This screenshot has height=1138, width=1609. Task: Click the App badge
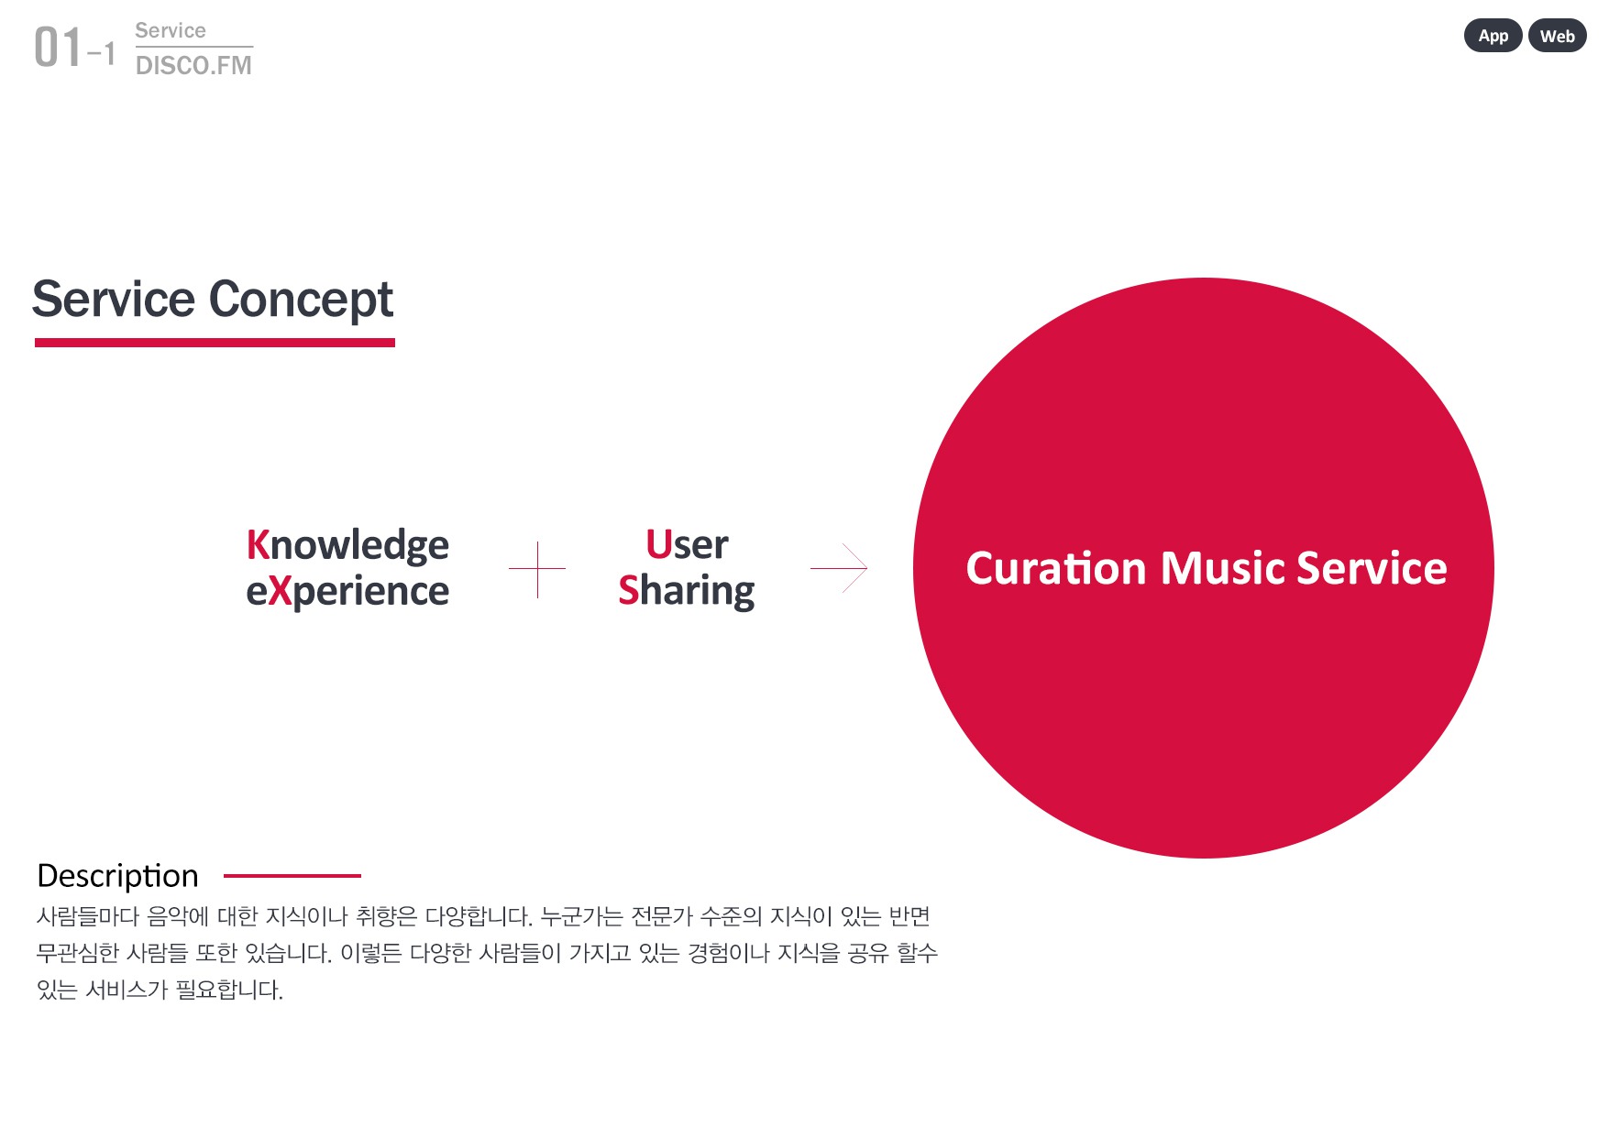tap(1493, 36)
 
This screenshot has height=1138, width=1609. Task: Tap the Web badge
tap(1557, 36)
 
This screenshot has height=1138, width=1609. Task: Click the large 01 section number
tap(58, 48)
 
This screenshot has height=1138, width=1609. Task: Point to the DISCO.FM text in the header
tap(193, 65)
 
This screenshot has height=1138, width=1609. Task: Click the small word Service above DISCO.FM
tap(171, 30)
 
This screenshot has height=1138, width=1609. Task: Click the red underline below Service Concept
tap(215, 343)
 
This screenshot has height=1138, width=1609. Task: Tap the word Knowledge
tap(347, 546)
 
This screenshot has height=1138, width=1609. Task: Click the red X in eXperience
tap(280, 591)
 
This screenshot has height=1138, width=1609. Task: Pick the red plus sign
tap(537, 569)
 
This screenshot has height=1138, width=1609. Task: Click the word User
tap(687, 544)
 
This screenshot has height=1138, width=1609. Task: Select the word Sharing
tap(687, 592)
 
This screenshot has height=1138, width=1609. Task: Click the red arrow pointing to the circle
tap(839, 568)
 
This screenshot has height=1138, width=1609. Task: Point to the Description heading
tap(117, 877)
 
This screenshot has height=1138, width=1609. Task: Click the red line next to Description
tap(292, 876)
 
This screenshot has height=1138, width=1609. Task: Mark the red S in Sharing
tap(629, 590)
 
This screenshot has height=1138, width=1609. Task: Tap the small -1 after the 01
tap(102, 54)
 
